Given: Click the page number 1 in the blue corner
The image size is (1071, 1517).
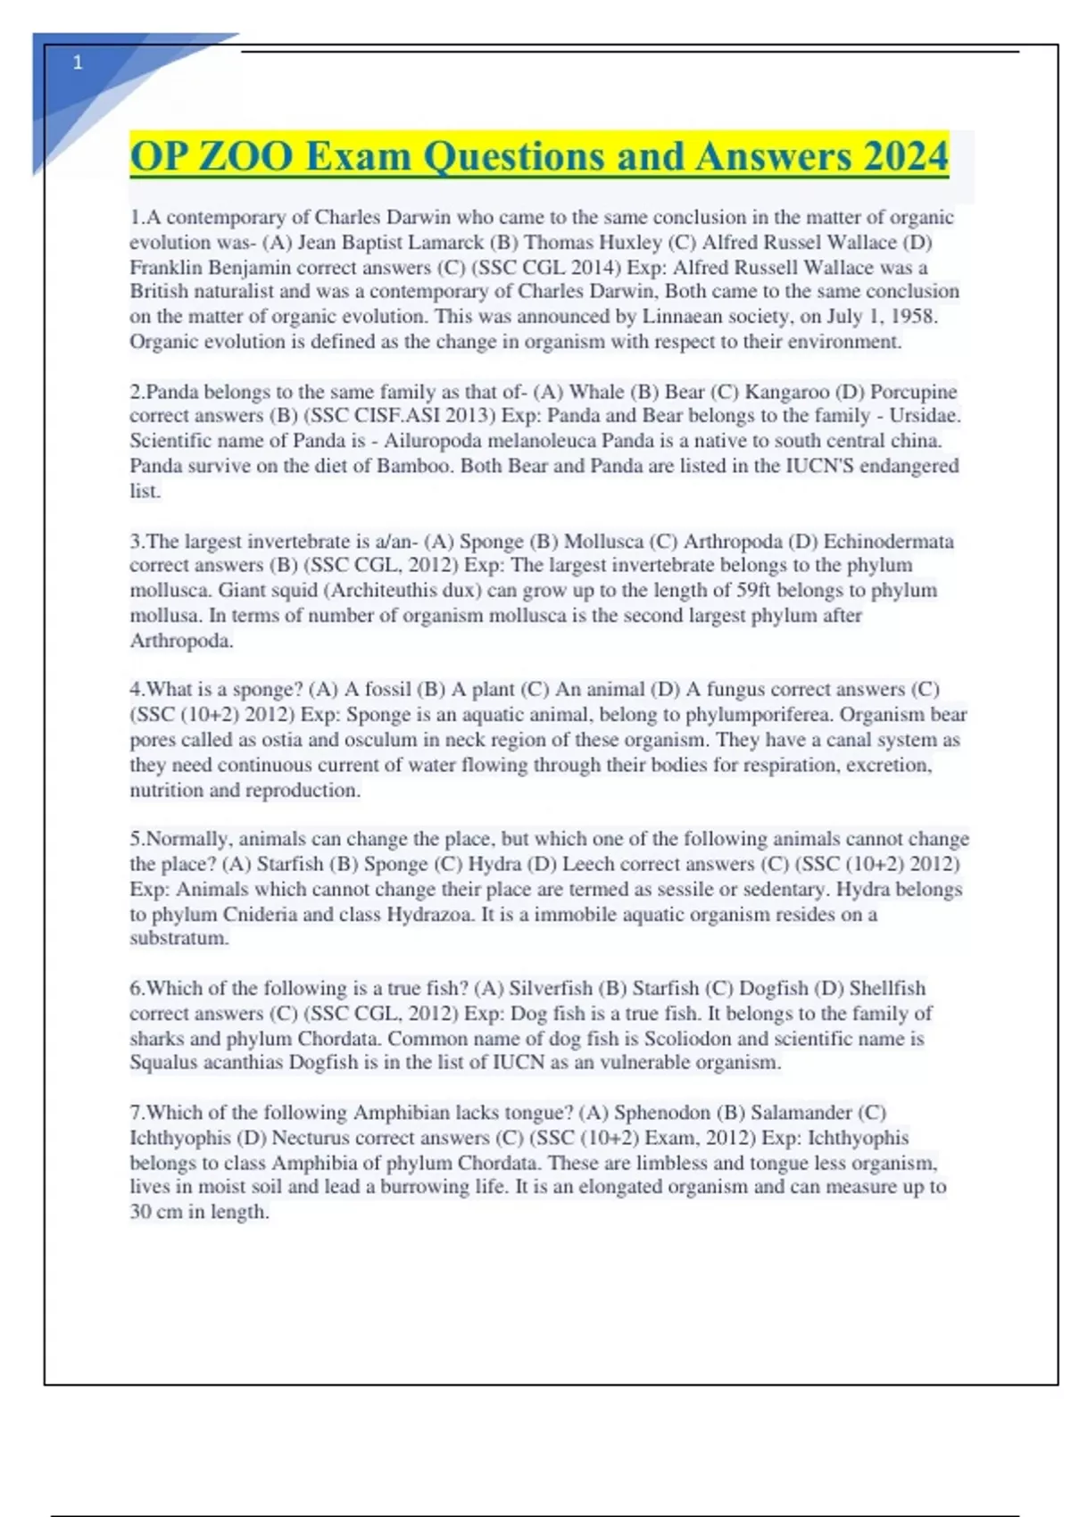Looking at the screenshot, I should tap(78, 62).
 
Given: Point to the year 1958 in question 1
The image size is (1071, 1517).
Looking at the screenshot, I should tap(911, 316).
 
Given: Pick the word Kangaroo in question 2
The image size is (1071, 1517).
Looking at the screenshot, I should tap(787, 392).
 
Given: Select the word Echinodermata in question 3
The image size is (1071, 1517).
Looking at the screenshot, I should tap(888, 541).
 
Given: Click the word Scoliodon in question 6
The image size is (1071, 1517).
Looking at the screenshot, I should tap(688, 1038).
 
